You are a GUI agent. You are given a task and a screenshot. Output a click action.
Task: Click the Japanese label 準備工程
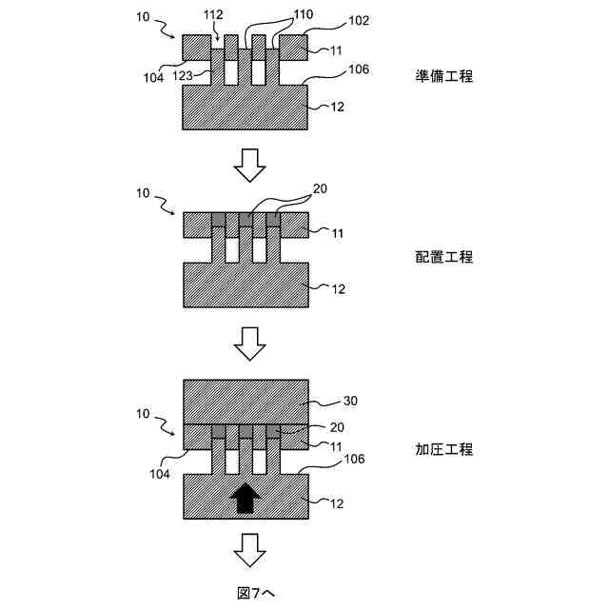point(444,77)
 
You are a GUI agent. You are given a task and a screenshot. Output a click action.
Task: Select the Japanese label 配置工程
point(444,257)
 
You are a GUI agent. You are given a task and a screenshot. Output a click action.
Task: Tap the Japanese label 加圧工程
point(444,448)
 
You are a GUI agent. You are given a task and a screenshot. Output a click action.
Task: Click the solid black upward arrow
point(246,497)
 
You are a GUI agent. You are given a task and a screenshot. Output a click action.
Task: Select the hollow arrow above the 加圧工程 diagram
point(249,344)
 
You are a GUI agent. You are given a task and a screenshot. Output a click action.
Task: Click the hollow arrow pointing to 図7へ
point(249,548)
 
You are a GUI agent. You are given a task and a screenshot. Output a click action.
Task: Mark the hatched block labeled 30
point(246,401)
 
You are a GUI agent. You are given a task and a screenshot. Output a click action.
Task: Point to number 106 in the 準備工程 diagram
point(333,70)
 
